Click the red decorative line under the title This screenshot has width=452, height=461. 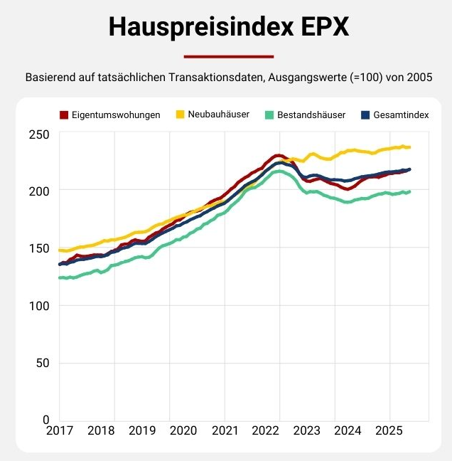click(x=228, y=56)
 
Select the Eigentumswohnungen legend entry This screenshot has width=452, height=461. click(x=110, y=115)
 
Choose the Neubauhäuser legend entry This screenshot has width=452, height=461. click(x=212, y=115)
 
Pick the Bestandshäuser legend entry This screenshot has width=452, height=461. click(x=304, y=115)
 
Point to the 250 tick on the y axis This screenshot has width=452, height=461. click(x=39, y=134)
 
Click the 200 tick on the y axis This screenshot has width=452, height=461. click(x=39, y=191)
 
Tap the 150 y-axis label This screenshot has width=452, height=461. click(x=39, y=248)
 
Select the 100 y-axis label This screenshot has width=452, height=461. click(x=39, y=305)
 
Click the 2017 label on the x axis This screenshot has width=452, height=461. click(x=59, y=430)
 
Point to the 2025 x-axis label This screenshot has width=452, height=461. click(x=389, y=430)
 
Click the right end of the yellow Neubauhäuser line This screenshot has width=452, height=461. click(x=409, y=147)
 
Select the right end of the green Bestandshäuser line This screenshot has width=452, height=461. click(x=409, y=191)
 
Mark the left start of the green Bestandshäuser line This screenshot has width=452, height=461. click(x=60, y=277)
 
